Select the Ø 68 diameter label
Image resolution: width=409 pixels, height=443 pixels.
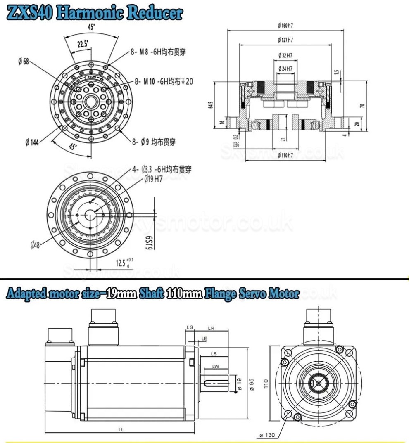(23, 62)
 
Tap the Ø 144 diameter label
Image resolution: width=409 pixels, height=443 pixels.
(32, 142)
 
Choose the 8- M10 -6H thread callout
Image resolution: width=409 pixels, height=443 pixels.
(164, 81)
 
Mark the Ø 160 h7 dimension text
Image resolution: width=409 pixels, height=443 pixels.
(285, 25)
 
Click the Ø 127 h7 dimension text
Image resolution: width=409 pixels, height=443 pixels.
(285, 40)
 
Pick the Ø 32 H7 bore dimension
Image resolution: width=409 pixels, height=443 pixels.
(285, 55)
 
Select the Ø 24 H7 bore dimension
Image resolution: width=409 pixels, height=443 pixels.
(285, 68)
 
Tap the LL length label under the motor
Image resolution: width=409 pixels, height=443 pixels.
(121, 429)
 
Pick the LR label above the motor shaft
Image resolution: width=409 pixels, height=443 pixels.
(211, 328)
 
